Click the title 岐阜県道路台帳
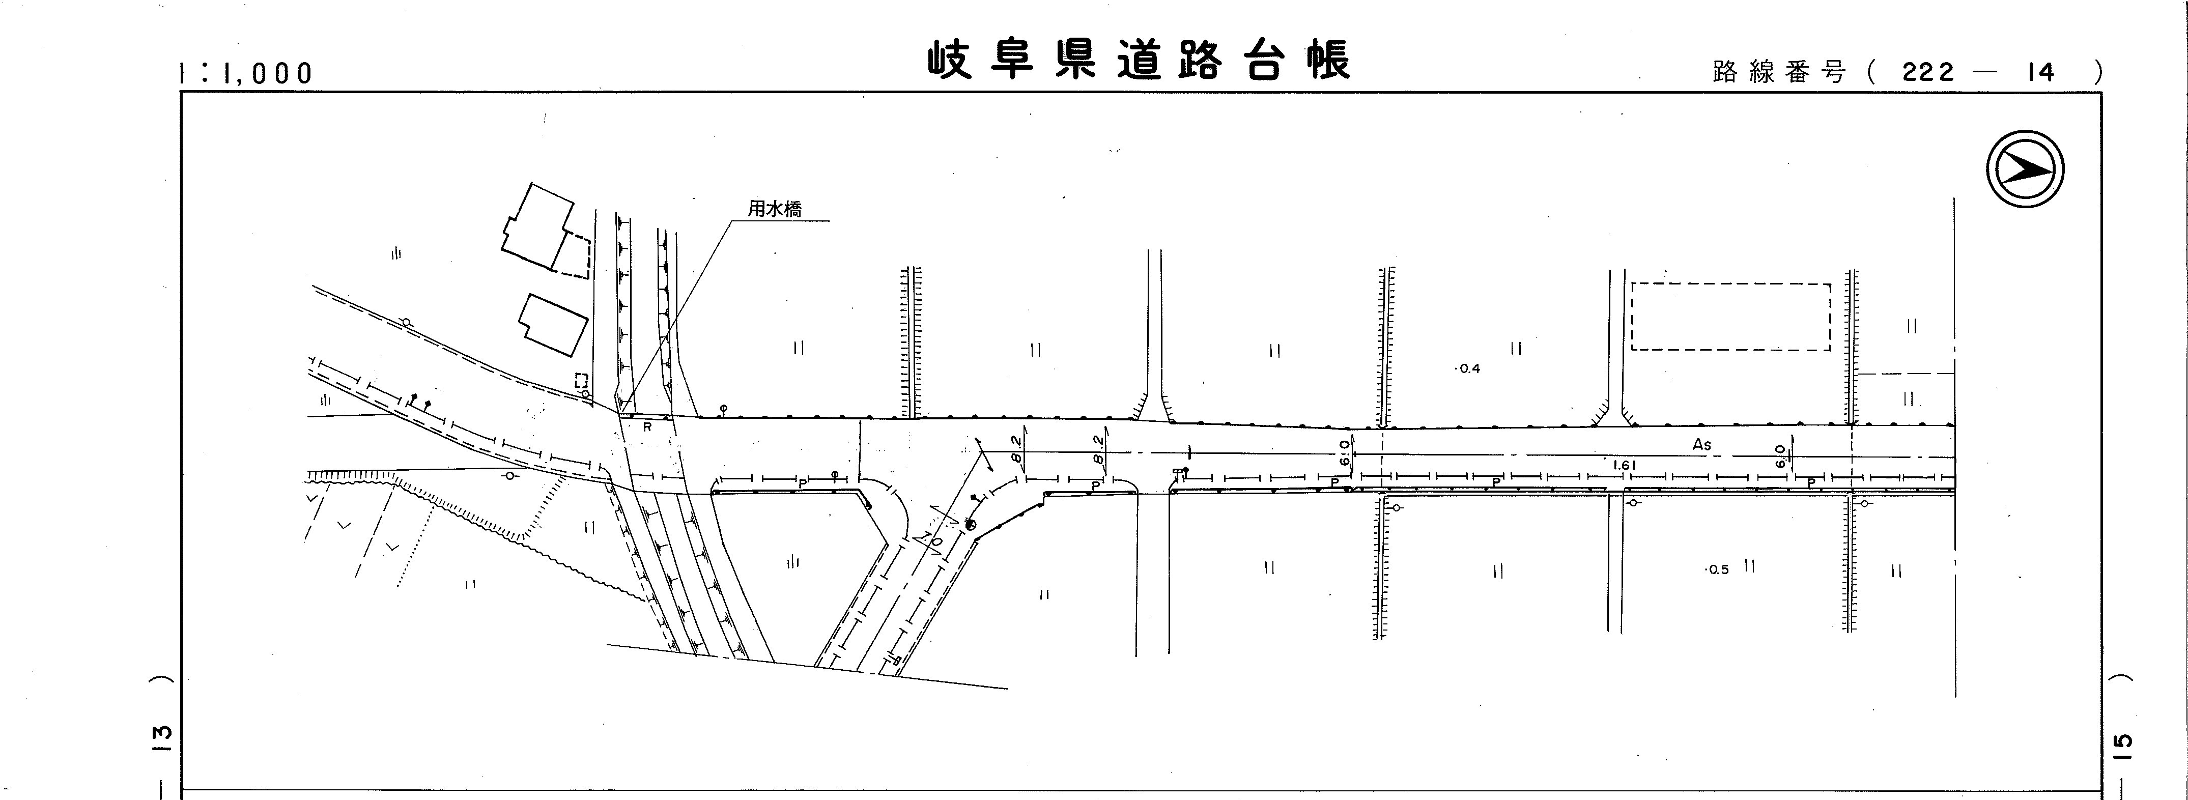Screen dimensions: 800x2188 click(x=1138, y=61)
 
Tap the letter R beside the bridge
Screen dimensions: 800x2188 click(x=647, y=427)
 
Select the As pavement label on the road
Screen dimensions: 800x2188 click(x=1701, y=444)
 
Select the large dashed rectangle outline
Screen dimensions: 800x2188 click(x=1730, y=317)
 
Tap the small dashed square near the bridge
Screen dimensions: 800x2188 click(x=582, y=381)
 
